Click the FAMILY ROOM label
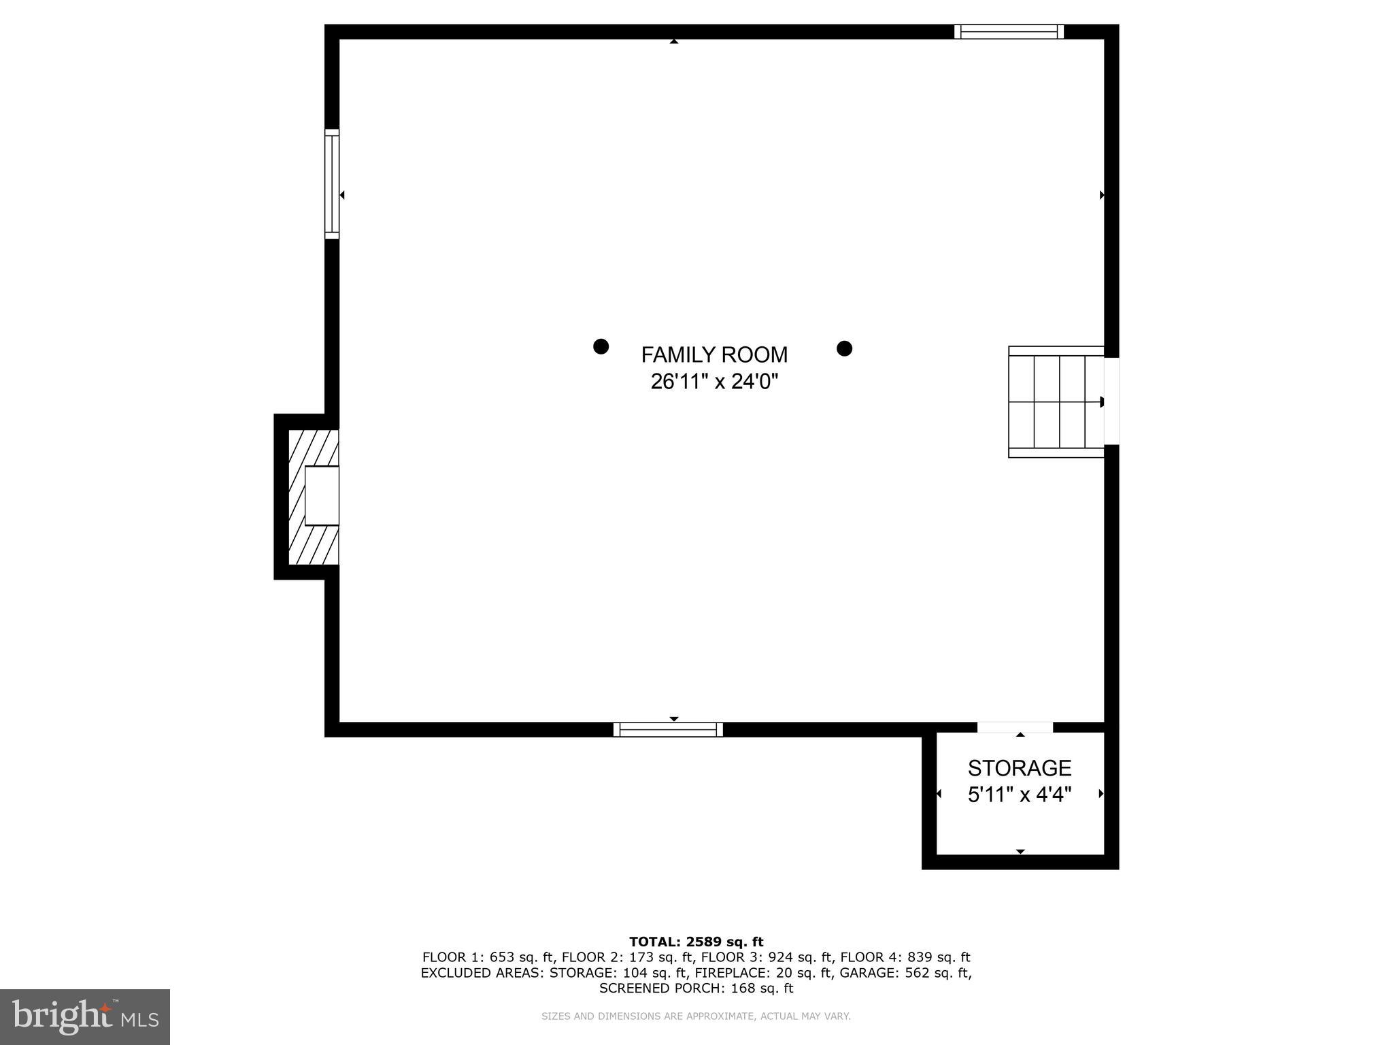pyautogui.click(x=714, y=354)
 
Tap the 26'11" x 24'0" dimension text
pyautogui.click(x=714, y=382)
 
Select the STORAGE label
pyautogui.click(x=1019, y=768)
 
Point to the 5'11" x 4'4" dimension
pyautogui.click(x=1019, y=794)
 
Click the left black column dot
pyautogui.click(x=601, y=346)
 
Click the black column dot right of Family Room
pyautogui.click(x=844, y=348)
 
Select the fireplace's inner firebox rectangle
pyautogui.click(x=322, y=495)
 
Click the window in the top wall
pyautogui.click(x=1009, y=31)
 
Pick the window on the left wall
pyautogui.click(x=331, y=184)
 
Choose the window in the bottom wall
pyautogui.click(x=668, y=729)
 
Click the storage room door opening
pyautogui.click(x=1015, y=727)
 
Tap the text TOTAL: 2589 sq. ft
pyautogui.click(x=696, y=942)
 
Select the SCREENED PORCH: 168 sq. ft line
pyautogui.click(x=696, y=988)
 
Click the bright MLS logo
pyautogui.click(x=85, y=1016)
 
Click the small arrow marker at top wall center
pyautogui.click(x=673, y=42)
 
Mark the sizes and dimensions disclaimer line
pyautogui.click(x=696, y=1016)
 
